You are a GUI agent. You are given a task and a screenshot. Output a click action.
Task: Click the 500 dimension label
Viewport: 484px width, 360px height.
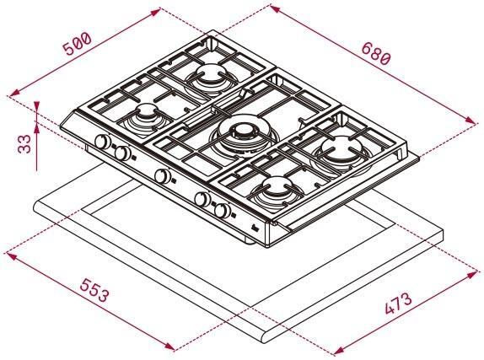click(78, 44)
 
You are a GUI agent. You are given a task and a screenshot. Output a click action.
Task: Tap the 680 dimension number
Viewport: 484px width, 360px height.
click(376, 53)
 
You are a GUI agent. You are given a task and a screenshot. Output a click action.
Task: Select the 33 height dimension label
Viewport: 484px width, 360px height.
click(24, 143)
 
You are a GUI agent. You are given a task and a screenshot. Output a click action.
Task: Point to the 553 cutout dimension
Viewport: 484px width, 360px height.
click(94, 290)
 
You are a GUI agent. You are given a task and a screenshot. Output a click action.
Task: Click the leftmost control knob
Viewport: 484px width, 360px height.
click(103, 142)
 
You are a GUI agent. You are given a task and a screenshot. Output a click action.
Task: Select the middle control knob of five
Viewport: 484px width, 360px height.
click(163, 176)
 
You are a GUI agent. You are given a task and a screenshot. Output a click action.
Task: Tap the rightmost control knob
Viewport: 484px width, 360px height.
click(223, 211)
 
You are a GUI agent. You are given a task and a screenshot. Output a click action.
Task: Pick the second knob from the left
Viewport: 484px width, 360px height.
click(123, 153)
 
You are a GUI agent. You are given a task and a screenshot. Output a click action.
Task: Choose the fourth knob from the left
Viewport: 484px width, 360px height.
click(202, 199)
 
